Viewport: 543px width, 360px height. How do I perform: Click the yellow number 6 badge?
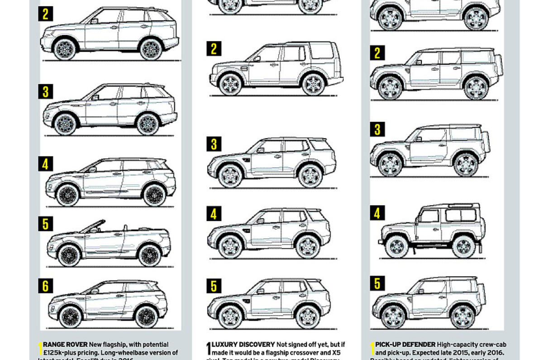pos(45,286)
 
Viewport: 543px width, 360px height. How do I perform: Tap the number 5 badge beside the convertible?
pos(45,224)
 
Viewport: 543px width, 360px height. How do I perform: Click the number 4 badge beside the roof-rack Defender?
pos(377,212)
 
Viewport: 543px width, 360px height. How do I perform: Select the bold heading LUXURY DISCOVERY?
pos(237,345)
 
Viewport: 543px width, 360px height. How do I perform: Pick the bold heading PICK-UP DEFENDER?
pos(405,345)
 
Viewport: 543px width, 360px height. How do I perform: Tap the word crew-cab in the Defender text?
pos(489,345)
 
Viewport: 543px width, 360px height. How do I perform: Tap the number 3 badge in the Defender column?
pos(377,129)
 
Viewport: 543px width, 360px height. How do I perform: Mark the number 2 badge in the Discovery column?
pos(214,48)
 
